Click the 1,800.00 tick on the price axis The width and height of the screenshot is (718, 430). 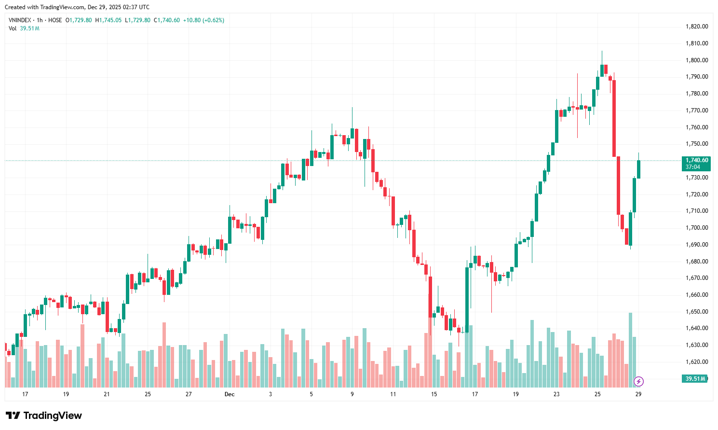coord(697,60)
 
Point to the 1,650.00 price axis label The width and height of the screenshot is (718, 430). coord(697,312)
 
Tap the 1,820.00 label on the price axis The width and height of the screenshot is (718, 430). coord(697,27)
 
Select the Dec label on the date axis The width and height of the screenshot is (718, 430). coord(230,394)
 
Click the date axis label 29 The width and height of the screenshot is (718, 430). coord(638,394)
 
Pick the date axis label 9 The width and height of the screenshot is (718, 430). coord(352,394)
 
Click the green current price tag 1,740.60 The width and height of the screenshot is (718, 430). coord(697,161)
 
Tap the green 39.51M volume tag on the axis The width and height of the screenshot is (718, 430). coord(695,379)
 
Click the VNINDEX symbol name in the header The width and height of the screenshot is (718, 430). coord(20,20)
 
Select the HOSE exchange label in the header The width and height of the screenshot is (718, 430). coord(55,20)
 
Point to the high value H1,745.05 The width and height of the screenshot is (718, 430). coord(108,20)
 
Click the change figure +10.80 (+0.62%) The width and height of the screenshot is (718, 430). coord(203,20)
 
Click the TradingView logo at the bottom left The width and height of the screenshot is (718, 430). coord(44,416)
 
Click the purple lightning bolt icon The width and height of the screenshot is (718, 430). coord(638,382)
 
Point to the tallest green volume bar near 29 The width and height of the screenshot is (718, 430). coord(630,350)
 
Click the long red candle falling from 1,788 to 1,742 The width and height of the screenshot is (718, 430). coord(614,118)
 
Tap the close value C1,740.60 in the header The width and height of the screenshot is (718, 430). coord(167,20)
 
